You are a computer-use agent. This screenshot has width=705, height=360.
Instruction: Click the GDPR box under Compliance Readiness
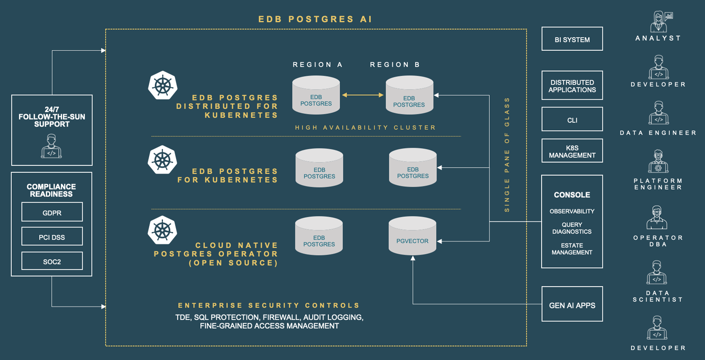tap(52, 212)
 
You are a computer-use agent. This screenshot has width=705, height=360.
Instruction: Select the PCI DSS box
tap(52, 236)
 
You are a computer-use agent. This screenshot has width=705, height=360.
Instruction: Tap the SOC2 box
tap(52, 261)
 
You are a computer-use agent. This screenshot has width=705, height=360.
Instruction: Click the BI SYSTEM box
tap(572, 39)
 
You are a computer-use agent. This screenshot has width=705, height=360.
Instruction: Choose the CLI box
tap(572, 119)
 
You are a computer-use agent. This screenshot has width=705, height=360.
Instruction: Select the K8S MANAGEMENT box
tap(572, 151)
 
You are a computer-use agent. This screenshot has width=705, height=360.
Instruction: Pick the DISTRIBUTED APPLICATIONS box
tap(572, 86)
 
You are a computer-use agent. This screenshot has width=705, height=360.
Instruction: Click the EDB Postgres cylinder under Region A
tap(316, 96)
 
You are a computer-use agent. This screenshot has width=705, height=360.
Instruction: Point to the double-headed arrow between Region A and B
tap(362, 95)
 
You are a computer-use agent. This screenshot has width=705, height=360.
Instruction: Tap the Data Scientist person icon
tap(657, 272)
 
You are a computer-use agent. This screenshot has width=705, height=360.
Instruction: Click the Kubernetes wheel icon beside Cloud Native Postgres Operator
tap(163, 230)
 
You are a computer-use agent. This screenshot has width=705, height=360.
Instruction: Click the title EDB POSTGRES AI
tap(315, 19)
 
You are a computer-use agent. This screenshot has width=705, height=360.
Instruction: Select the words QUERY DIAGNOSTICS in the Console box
tap(572, 228)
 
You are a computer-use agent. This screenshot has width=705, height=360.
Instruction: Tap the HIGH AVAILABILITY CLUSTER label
tap(365, 128)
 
